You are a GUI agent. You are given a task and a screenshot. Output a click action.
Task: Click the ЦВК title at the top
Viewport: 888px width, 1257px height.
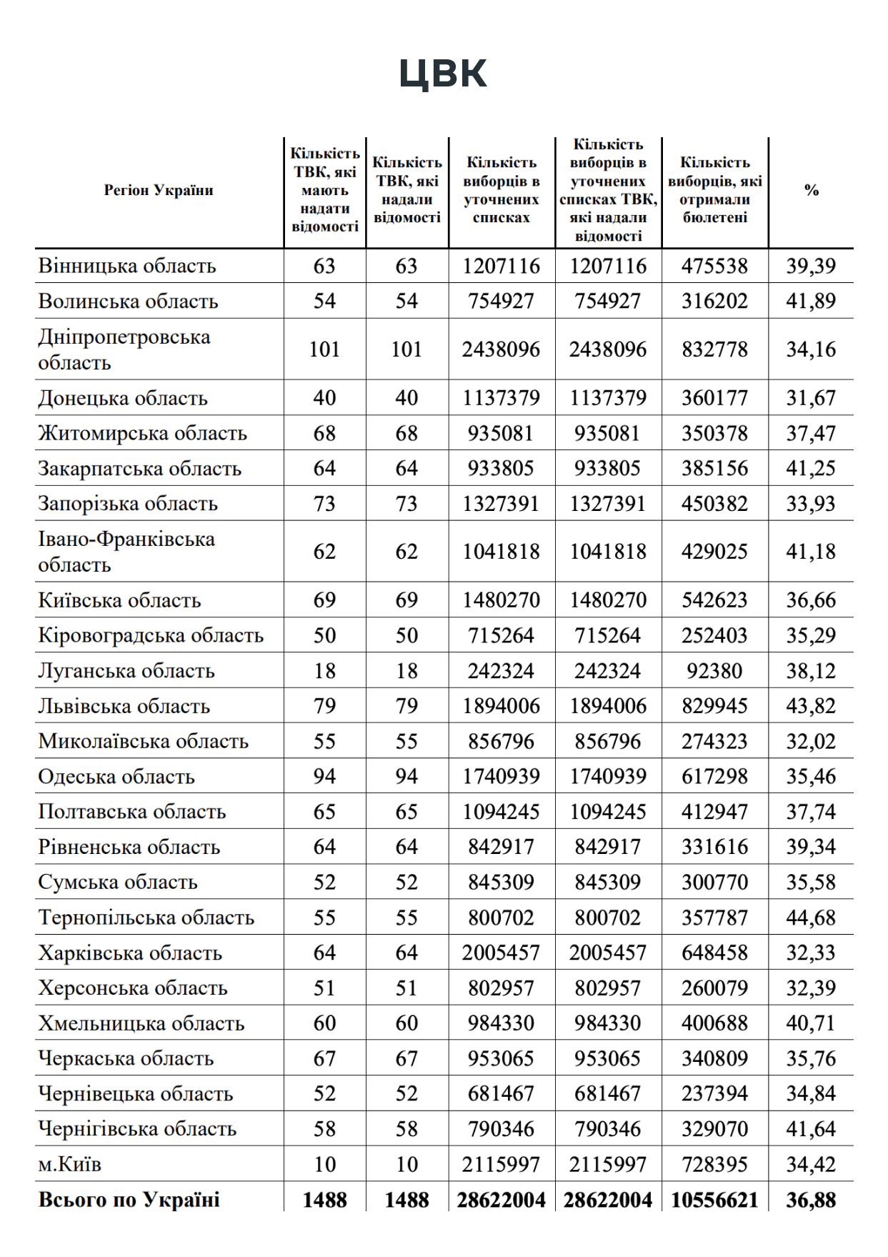(443, 74)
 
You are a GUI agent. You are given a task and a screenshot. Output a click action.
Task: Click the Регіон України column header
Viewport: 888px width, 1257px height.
(159, 190)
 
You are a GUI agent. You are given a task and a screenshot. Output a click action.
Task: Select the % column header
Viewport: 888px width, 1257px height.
(811, 190)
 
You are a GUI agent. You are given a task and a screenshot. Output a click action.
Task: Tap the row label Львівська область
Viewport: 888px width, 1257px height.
(124, 706)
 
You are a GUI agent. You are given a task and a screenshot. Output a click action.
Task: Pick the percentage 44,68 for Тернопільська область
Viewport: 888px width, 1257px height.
(811, 918)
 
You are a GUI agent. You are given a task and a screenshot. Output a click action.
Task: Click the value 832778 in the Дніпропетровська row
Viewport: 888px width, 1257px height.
(714, 349)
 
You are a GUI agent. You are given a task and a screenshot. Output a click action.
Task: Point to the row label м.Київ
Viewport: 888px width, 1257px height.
(70, 1165)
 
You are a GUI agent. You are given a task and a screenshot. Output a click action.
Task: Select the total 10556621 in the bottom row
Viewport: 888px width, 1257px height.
(714, 1200)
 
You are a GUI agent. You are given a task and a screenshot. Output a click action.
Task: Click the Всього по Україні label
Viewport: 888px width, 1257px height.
(129, 1200)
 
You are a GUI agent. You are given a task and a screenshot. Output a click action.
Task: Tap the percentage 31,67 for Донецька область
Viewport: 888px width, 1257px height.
(811, 398)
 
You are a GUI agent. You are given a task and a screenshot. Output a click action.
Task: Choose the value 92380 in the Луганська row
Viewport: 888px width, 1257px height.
(714, 671)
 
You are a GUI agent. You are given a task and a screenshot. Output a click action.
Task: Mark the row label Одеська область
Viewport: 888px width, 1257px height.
(116, 777)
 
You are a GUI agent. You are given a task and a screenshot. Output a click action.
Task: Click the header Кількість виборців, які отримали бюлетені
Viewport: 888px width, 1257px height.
(714, 190)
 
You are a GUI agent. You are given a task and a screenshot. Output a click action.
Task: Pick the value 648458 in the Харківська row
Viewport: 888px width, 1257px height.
(714, 953)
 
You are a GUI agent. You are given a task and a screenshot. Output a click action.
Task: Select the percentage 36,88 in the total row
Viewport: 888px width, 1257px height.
(811, 1200)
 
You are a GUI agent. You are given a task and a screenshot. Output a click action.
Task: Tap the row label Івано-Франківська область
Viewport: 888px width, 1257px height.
(126, 552)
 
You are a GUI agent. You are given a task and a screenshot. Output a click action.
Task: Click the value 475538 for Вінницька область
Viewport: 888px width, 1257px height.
(714, 266)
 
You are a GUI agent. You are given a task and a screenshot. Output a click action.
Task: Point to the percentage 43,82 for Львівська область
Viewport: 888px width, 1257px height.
(811, 706)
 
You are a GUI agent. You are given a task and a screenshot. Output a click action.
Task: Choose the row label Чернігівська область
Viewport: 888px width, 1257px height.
(137, 1129)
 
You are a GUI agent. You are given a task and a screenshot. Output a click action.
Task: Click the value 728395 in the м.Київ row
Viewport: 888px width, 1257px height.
(714, 1165)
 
